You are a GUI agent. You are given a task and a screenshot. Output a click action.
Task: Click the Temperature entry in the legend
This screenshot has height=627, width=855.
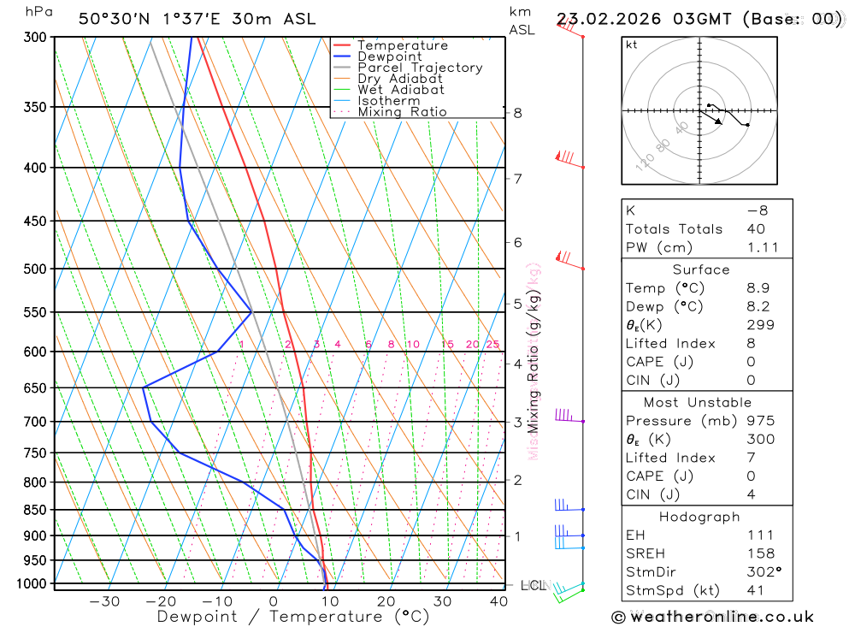pos(402,45)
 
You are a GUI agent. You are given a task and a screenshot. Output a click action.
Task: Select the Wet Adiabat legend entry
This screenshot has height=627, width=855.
pos(400,90)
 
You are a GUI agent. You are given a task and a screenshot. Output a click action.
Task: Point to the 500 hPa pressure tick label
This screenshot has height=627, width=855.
pos(34,269)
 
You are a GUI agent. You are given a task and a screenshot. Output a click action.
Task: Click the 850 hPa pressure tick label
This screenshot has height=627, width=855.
pos(34,510)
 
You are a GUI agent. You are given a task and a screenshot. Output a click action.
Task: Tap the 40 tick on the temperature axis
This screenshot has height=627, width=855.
pos(498,601)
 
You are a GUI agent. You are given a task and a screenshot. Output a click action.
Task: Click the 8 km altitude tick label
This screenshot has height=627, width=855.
pos(517,113)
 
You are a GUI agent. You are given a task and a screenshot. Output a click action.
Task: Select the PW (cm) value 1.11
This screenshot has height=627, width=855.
pos(763,247)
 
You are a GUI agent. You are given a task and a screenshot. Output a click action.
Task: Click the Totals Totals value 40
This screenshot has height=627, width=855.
pos(755,229)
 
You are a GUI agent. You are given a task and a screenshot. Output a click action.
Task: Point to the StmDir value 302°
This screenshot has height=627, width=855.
pos(764,571)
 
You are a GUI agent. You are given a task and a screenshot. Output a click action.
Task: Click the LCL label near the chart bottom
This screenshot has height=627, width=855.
pos(533,586)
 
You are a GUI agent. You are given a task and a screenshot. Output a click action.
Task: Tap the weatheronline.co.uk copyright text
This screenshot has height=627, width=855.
pos(713,617)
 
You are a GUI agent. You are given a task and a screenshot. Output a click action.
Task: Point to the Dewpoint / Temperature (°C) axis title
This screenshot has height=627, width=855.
pos(292,617)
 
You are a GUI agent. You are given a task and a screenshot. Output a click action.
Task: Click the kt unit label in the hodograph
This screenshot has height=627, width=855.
pos(632,45)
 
